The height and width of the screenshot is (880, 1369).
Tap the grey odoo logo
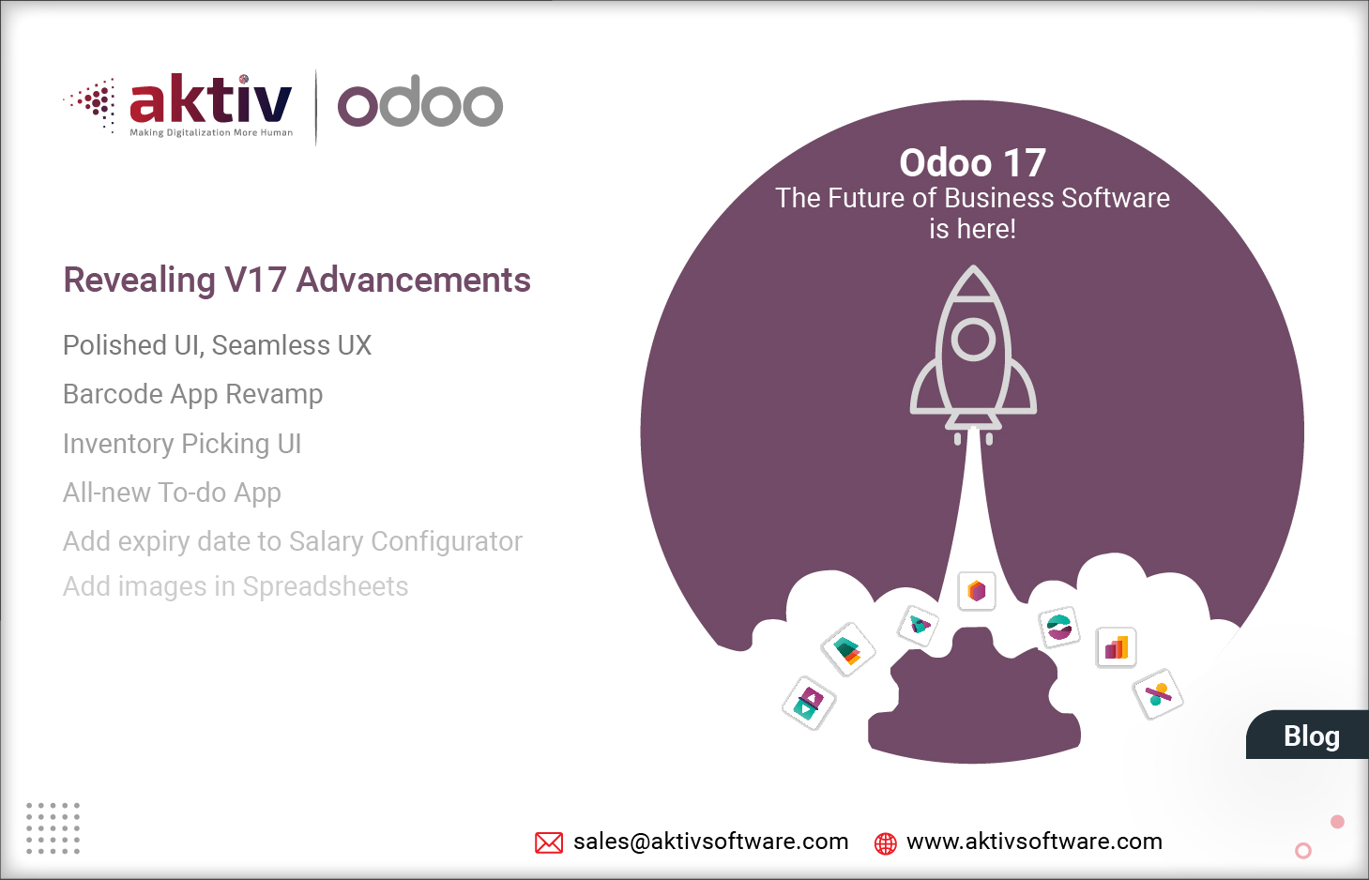point(419,102)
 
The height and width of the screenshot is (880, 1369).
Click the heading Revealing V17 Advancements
point(297,280)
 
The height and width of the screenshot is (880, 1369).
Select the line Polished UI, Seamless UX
point(217,345)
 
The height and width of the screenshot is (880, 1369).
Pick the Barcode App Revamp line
point(192,394)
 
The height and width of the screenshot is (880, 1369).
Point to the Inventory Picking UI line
point(182,443)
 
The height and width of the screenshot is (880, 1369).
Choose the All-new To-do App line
point(172,493)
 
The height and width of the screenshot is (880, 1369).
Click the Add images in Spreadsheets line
point(236,586)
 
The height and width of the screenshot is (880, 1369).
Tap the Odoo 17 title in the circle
point(972,163)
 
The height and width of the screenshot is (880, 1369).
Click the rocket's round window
point(973,340)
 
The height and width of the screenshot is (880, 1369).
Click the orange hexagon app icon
point(977,591)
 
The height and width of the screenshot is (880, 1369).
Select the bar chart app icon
point(1117,647)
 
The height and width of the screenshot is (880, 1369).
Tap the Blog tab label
point(1311,736)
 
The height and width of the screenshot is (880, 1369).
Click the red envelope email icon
point(549,842)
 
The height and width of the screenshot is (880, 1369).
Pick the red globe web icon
point(885,843)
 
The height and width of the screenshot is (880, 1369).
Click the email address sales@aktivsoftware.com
point(710,842)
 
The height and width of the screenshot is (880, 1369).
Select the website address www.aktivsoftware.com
point(1034,842)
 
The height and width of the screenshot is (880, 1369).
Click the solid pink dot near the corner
point(1337,822)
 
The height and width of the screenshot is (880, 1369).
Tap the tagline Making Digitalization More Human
point(211,133)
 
